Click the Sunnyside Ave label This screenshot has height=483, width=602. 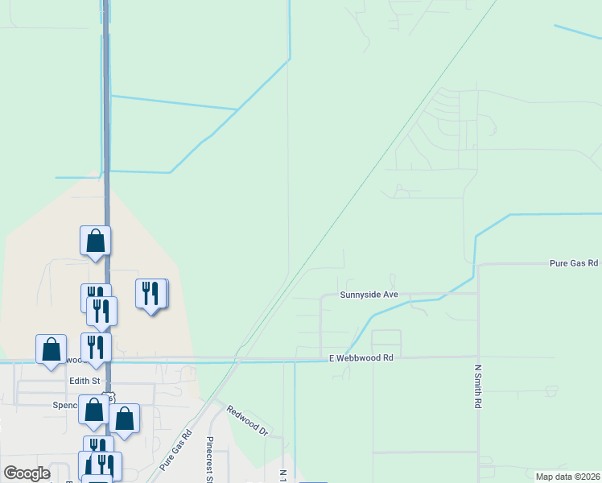(369, 295)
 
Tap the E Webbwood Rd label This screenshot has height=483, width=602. (361, 357)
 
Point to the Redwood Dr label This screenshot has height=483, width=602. (246, 420)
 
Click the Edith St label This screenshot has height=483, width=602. (84, 380)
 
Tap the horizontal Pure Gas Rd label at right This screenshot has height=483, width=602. (573, 263)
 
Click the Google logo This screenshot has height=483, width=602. (27, 473)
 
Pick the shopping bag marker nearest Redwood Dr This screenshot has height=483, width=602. (124, 418)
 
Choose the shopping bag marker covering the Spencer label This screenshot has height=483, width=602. (93, 409)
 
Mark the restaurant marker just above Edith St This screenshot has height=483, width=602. (95, 347)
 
